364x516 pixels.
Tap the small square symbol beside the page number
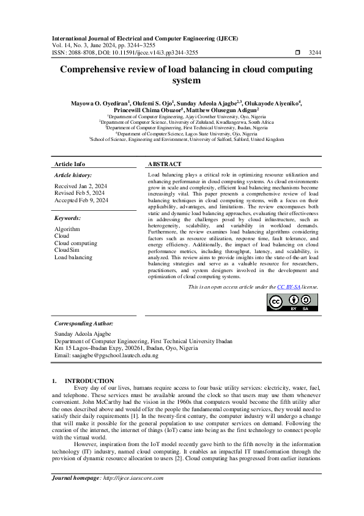pyautogui.click(x=297, y=53)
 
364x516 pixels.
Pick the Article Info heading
pyautogui.click(x=70, y=164)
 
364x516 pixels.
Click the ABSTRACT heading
pyautogui.click(x=165, y=164)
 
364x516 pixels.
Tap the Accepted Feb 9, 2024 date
pyautogui.click(x=81, y=200)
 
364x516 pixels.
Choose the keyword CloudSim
pyautogui.click(x=67, y=250)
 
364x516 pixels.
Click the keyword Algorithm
pyautogui.click(x=67, y=228)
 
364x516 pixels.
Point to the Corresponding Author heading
pyautogui.click(x=84, y=323)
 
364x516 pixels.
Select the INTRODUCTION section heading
pyautogui.click(x=89, y=381)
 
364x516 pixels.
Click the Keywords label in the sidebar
pyautogui.click(x=68, y=218)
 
